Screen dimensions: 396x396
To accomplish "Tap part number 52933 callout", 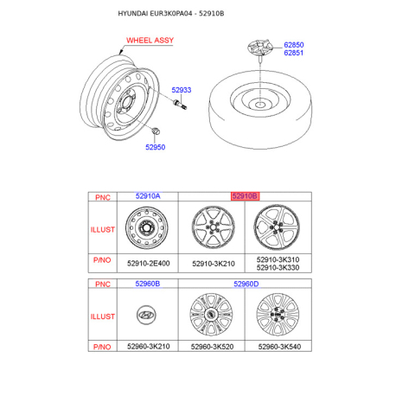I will pos(181,90).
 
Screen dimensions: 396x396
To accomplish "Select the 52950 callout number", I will pos(155,147).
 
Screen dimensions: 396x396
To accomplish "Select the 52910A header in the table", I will pos(148,197).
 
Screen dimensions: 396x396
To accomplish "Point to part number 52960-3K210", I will pos(148,347).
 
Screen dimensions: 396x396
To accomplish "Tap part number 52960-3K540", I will pos(278,347).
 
